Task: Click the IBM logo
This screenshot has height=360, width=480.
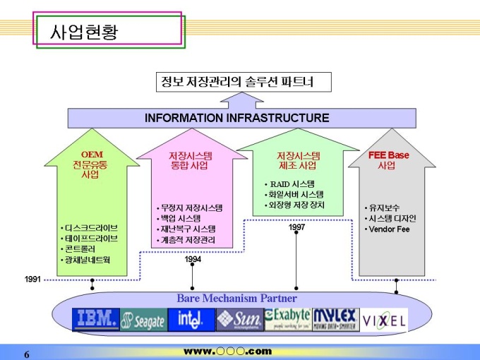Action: click(x=96, y=320)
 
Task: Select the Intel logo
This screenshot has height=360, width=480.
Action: click(x=191, y=320)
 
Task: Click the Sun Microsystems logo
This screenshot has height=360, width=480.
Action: click(x=239, y=320)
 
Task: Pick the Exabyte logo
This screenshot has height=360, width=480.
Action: click(x=287, y=319)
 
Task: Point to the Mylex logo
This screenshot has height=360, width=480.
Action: click(x=335, y=319)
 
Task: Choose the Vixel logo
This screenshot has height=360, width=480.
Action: click(x=384, y=320)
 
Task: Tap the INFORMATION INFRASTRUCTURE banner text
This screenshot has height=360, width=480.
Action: click(x=236, y=118)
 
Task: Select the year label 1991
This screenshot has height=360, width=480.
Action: click(x=32, y=280)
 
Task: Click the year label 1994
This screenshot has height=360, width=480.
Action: click(x=193, y=260)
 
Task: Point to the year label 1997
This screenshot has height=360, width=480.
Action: click(x=296, y=227)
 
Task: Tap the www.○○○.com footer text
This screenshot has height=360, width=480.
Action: click(x=227, y=351)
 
